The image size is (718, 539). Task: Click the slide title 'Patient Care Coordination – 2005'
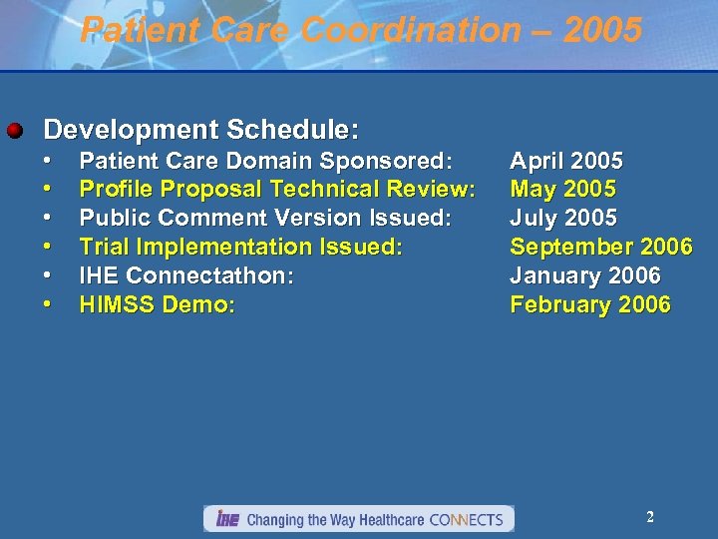[x=360, y=31]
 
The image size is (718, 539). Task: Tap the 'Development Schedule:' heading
[x=201, y=130]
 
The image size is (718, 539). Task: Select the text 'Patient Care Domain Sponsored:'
[x=265, y=161]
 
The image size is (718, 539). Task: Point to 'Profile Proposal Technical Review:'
[x=276, y=189]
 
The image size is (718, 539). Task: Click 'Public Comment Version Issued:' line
[x=265, y=218]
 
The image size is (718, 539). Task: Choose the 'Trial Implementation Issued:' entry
[x=240, y=247]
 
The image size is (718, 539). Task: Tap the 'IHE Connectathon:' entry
[x=186, y=275]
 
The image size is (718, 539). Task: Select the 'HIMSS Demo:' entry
[x=158, y=304]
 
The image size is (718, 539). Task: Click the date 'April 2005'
[x=566, y=161]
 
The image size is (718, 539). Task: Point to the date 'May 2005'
[x=562, y=189]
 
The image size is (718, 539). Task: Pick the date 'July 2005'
[x=563, y=218]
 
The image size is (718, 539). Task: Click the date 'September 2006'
[x=600, y=247]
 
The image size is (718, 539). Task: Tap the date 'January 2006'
[x=584, y=275]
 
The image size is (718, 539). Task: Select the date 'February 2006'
[x=589, y=304]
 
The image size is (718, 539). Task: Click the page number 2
[x=649, y=517]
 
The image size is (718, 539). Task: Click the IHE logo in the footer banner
[x=227, y=519]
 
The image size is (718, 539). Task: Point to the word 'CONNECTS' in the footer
[x=466, y=519]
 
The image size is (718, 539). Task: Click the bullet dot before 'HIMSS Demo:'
[x=47, y=304]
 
